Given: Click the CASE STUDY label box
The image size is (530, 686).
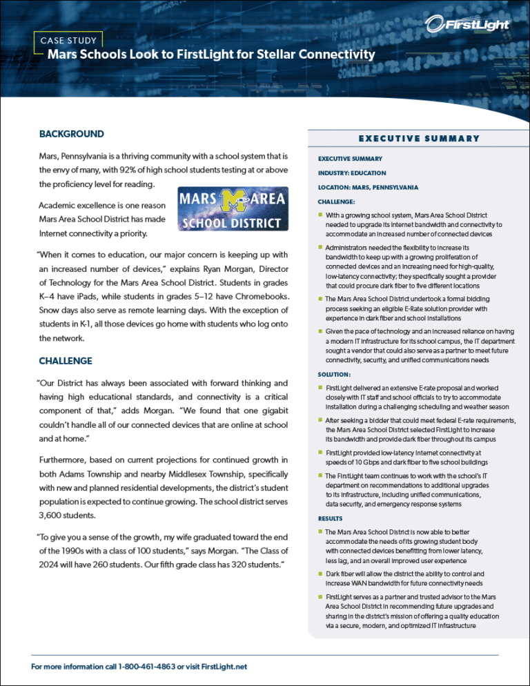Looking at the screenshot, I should (x=72, y=40).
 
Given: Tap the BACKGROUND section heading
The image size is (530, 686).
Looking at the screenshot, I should (x=72, y=134).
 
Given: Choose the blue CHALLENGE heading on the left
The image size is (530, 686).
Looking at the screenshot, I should (x=66, y=361).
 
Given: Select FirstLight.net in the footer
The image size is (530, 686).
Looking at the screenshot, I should (x=221, y=666).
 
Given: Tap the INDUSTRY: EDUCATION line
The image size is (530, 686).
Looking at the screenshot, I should (x=351, y=173).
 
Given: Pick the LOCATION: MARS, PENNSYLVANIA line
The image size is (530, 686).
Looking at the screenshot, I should (x=367, y=187).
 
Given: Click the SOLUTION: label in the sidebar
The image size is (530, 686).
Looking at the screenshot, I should (x=333, y=375).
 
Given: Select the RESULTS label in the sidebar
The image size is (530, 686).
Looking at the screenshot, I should (x=330, y=518).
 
